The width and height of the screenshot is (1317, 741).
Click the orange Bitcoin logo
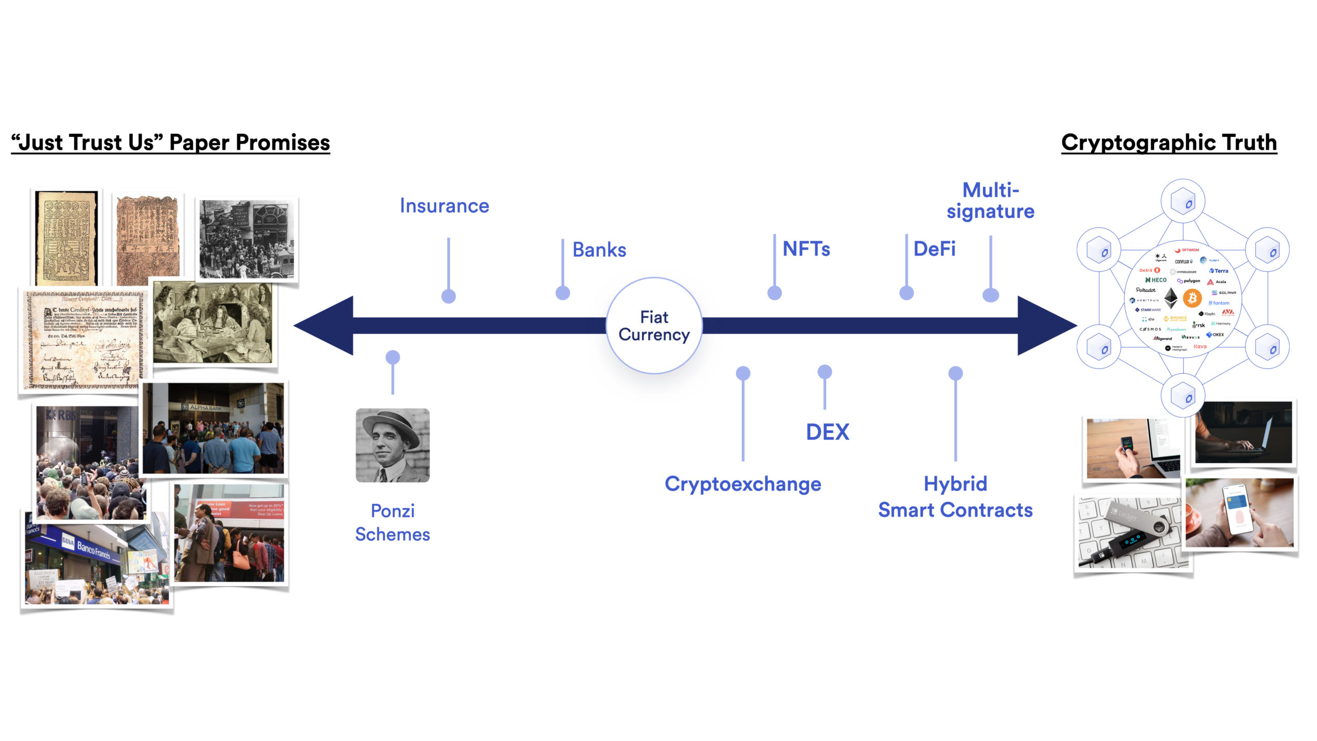(x=1192, y=298)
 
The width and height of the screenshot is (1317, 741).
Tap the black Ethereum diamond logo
(x=1171, y=298)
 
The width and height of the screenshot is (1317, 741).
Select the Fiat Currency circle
(x=654, y=326)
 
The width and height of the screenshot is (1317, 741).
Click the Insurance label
(x=444, y=206)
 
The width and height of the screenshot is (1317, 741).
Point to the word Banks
(x=599, y=250)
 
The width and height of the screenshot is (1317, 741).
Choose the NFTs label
(x=806, y=249)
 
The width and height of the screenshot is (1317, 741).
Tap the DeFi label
(x=934, y=249)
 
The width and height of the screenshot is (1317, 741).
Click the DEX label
(x=827, y=432)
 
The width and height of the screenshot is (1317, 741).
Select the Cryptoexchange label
(x=743, y=484)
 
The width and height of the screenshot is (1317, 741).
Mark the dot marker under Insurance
(x=449, y=296)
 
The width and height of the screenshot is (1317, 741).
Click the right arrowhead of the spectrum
(x=1044, y=325)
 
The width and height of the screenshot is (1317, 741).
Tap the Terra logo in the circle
(x=1219, y=271)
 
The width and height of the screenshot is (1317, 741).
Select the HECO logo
(x=1156, y=280)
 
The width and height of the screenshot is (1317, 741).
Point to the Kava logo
(x=1200, y=346)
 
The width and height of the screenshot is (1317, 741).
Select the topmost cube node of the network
(x=1183, y=201)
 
